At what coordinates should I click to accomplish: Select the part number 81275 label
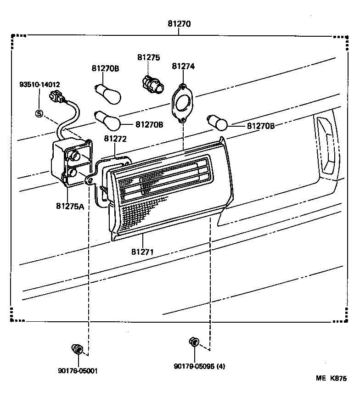pyautogui.click(x=148, y=57)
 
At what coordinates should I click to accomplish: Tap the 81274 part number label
pyautogui.click(x=183, y=66)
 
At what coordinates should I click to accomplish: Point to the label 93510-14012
pyautogui.click(x=39, y=84)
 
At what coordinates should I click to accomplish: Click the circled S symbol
pyautogui.click(x=39, y=113)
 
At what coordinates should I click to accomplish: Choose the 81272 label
pyautogui.click(x=115, y=138)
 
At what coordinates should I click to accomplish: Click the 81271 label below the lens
pyautogui.click(x=142, y=252)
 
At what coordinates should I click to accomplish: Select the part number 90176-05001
pyautogui.click(x=78, y=371)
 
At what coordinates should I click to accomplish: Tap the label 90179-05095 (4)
pyautogui.click(x=199, y=366)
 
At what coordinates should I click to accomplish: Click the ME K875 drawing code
pyautogui.click(x=331, y=379)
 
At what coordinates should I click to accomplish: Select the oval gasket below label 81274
pyautogui.click(x=183, y=103)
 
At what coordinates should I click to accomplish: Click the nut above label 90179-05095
pyautogui.click(x=194, y=342)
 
